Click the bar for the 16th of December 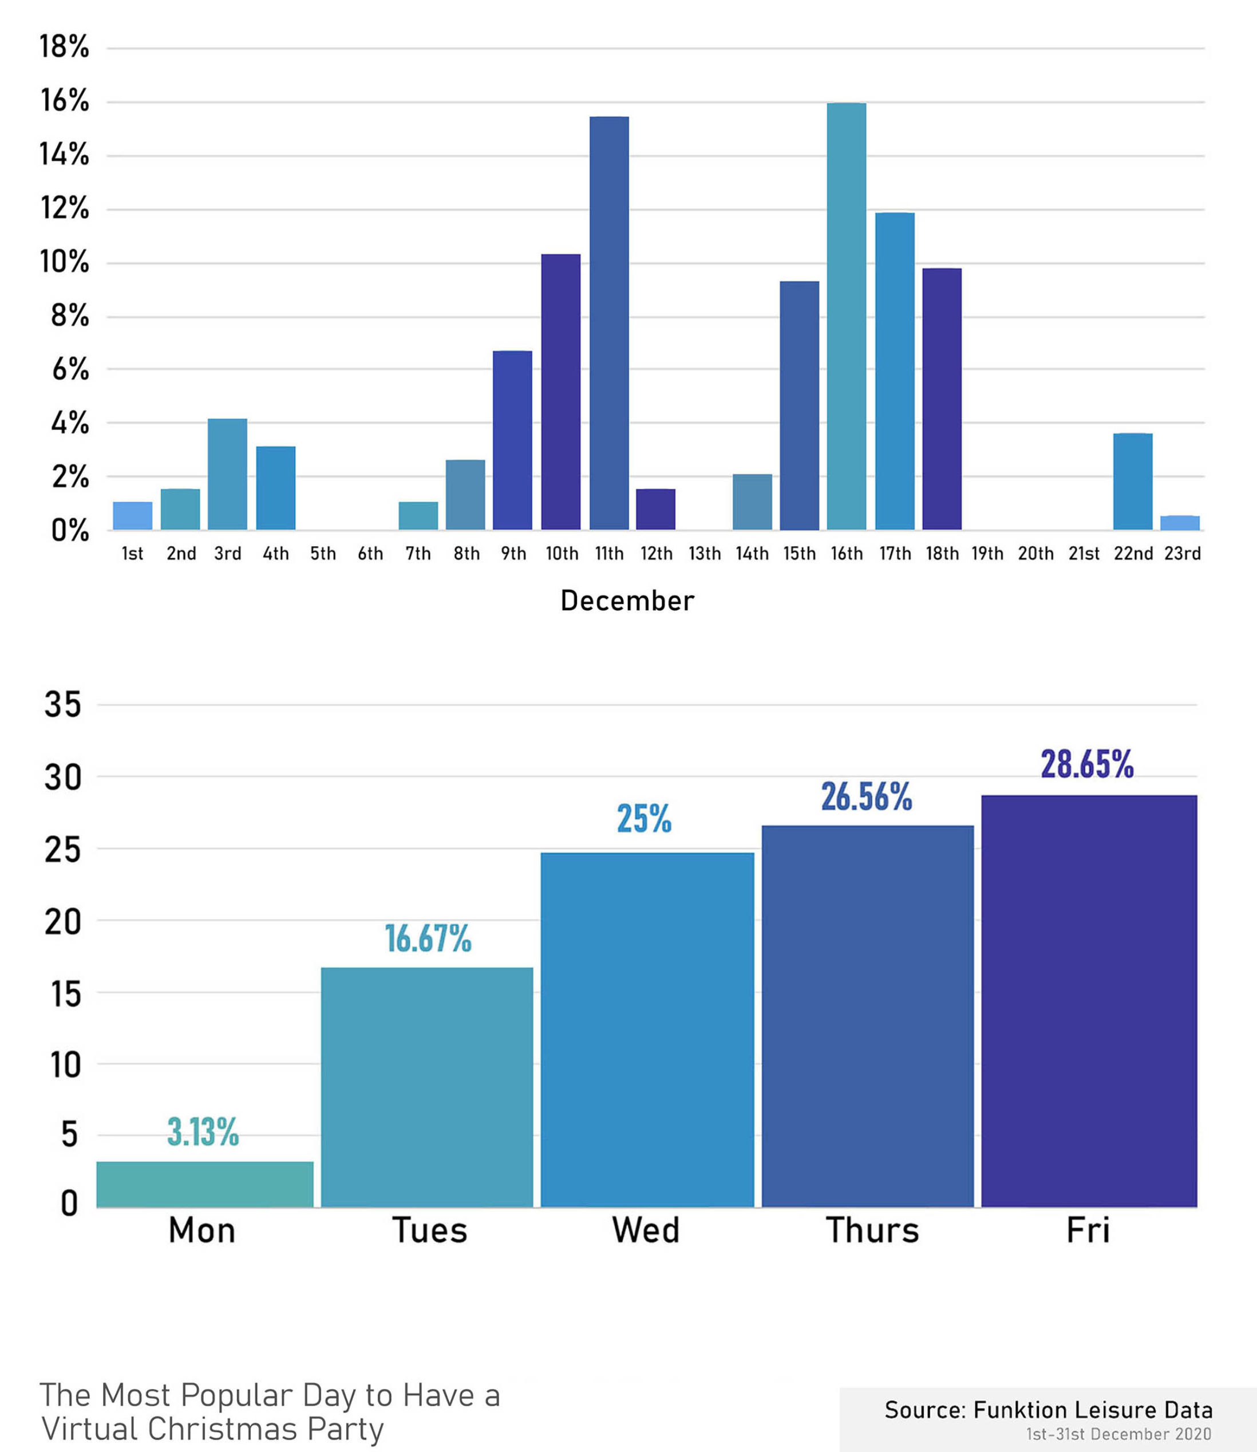[x=846, y=315]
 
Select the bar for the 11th [x=609, y=323]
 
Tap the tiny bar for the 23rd [x=1180, y=523]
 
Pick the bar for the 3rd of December [x=227, y=474]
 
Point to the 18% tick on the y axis [x=65, y=47]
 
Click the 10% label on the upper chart [x=65, y=262]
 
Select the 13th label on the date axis [x=704, y=554]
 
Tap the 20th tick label [x=1035, y=554]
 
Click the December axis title [x=627, y=601]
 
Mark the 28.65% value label [x=1086, y=764]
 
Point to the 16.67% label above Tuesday [x=428, y=938]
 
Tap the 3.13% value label [x=203, y=1132]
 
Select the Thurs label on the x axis [x=872, y=1230]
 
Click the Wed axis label [x=645, y=1230]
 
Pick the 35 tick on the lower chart [x=63, y=704]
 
